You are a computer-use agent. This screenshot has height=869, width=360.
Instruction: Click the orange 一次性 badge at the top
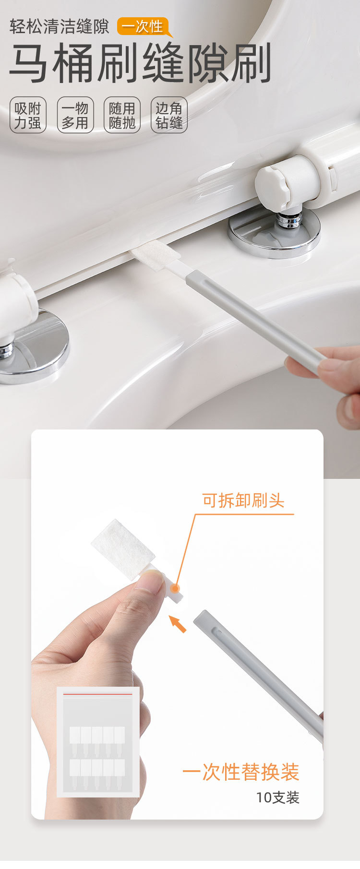[x=143, y=26]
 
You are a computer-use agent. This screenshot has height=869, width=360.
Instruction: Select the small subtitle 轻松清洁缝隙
[x=60, y=26]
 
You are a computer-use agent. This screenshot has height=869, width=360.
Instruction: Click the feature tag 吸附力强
[x=28, y=115]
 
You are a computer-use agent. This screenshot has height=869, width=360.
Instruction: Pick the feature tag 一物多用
[x=75, y=115]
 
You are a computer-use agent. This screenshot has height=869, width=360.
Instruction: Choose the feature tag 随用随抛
[x=122, y=115]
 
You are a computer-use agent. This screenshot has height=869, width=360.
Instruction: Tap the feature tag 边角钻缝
[x=169, y=115]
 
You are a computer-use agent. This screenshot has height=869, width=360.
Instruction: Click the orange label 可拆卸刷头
[x=243, y=500]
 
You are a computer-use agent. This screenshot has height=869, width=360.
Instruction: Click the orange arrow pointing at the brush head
[x=178, y=624]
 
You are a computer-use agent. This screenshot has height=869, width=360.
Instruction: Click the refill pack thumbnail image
[x=98, y=741]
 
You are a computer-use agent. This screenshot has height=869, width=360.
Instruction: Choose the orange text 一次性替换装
[x=240, y=772]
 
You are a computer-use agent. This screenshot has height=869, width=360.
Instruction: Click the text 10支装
[x=277, y=797]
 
